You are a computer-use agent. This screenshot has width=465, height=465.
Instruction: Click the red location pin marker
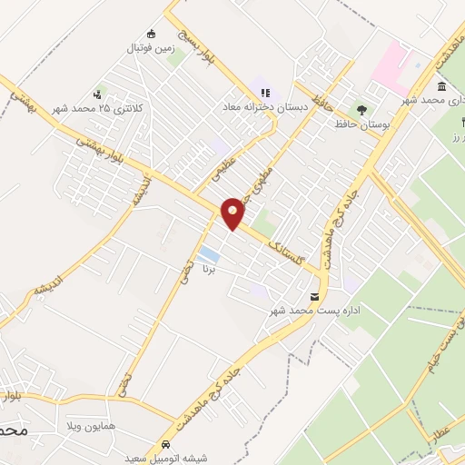[x=233, y=213]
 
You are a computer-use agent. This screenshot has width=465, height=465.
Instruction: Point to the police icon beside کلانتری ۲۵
[x=98, y=94]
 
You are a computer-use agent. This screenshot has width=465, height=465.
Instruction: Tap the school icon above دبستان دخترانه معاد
[x=265, y=92]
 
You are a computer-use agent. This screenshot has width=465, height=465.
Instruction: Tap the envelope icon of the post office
[x=315, y=297]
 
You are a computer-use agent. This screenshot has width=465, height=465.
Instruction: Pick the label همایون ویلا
[x=89, y=425]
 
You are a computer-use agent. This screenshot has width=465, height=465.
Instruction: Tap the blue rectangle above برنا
[x=209, y=252]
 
